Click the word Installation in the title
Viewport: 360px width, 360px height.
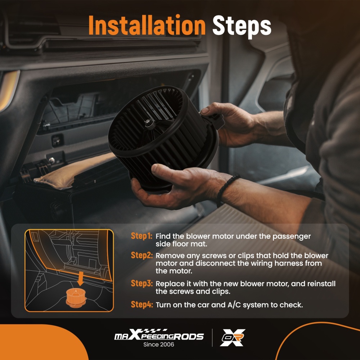point(147,25)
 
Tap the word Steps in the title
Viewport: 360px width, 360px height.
point(242,26)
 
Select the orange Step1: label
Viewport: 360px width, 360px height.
point(141,236)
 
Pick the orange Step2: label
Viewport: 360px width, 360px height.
point(141,255)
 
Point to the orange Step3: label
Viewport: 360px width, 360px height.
point(141,283)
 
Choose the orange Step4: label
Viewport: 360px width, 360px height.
point(141,305)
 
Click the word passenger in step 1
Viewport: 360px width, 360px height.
point(291,237)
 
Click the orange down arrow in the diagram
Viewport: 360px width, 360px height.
point(80,278)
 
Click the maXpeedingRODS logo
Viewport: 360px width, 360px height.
point(159,334)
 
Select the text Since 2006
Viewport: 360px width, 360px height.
point(159,345)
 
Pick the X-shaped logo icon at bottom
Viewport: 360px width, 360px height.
point(233,338)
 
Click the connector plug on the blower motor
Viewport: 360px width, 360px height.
point(215,120)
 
